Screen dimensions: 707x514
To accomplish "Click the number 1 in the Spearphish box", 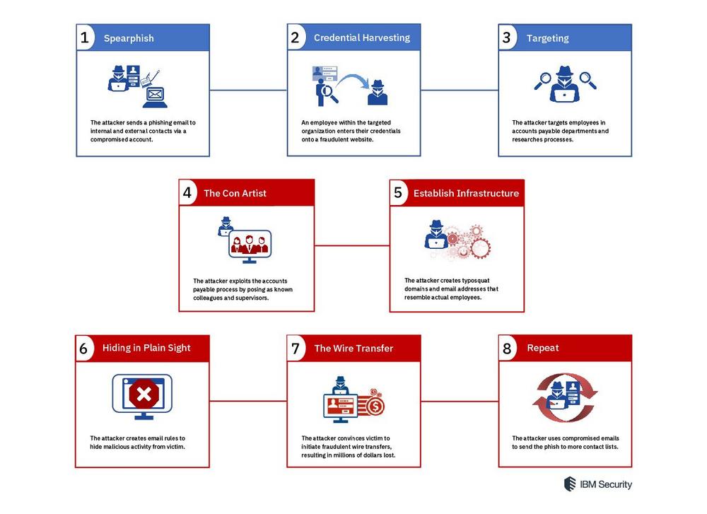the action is tap(84, 37).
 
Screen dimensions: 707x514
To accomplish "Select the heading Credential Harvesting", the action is tap(362, 38).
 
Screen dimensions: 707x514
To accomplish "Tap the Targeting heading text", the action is tap(547, 38).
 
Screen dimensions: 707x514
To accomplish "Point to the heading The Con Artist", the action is tap(235, 194).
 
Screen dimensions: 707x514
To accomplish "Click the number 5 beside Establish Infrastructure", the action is tap(397, 193).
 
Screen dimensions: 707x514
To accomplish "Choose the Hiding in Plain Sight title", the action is tap(146, 348).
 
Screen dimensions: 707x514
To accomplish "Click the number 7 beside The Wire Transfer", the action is tap(296, 349).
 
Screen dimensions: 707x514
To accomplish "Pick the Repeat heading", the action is tap(543, 348).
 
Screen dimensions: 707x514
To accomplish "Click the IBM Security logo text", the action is tap(606, 484).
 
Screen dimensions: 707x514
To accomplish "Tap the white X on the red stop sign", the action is tap(144, 395).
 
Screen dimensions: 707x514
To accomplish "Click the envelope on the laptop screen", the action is tap(155, 94).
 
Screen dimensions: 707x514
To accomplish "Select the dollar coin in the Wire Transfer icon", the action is tap(375, 407).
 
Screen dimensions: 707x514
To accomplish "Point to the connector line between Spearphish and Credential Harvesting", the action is tap(248, 90).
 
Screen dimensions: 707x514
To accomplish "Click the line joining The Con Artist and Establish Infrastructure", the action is tap(352, 246).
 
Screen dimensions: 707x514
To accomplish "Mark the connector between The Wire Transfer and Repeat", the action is tap(460, 401).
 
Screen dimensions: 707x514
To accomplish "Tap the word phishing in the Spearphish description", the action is tap(162, 122).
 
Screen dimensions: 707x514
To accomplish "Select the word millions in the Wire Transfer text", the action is tap(346, 455).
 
